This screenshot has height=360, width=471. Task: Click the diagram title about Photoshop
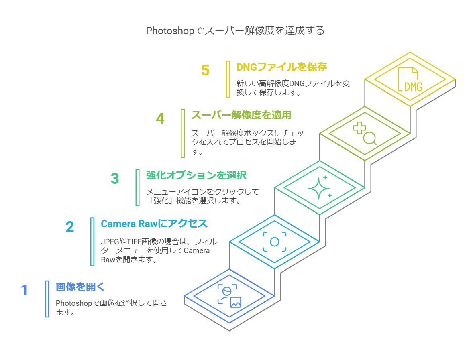pyautogui.click(x=235, y=31)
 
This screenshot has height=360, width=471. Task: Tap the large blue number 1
pyautogui.click(x=24, y=290)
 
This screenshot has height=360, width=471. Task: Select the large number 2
pyautogui.click(x=70, y=227)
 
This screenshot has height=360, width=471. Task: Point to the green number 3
pyautogui.click(x=115, y=179)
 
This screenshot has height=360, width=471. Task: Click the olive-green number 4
pyautogui.click(x=160, y=118)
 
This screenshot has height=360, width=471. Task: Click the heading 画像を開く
pyautogui.click(x=80, y=287)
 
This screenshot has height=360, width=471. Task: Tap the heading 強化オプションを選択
pyautogui.click(x=196, y=175)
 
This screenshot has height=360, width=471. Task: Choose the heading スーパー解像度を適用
pyautogui.click(x=241, y=115)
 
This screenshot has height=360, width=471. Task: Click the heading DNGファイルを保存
pyautogui.click(x=281, y=67)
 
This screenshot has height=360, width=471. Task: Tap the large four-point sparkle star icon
pyautogui.click(x=318, y=188)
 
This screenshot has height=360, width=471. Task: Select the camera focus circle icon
pyautogui.click(x=275, y=242)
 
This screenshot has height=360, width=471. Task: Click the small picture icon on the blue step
pyautogui.click(x=235, y=302)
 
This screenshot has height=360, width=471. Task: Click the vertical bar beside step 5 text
pyautogui.click(x=228, y=79)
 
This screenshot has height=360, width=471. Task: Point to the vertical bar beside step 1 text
pyautogui.click(x=47, y=299)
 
